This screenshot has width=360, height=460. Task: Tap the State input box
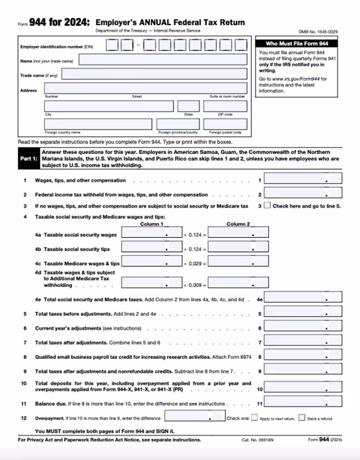point(188,106)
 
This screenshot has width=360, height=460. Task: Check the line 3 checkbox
point(267,206)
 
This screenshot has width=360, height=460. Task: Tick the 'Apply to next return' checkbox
point(254,418)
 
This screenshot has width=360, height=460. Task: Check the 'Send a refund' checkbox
point(302,418)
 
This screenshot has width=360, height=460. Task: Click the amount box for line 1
point(305,180)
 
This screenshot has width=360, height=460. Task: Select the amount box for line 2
point(305,194)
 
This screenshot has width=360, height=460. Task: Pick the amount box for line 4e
point(305,299)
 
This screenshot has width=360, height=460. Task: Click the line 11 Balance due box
point(305,403)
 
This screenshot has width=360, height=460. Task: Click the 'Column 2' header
point(238,224)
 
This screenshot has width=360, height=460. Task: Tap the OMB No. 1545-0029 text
point(326,31)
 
